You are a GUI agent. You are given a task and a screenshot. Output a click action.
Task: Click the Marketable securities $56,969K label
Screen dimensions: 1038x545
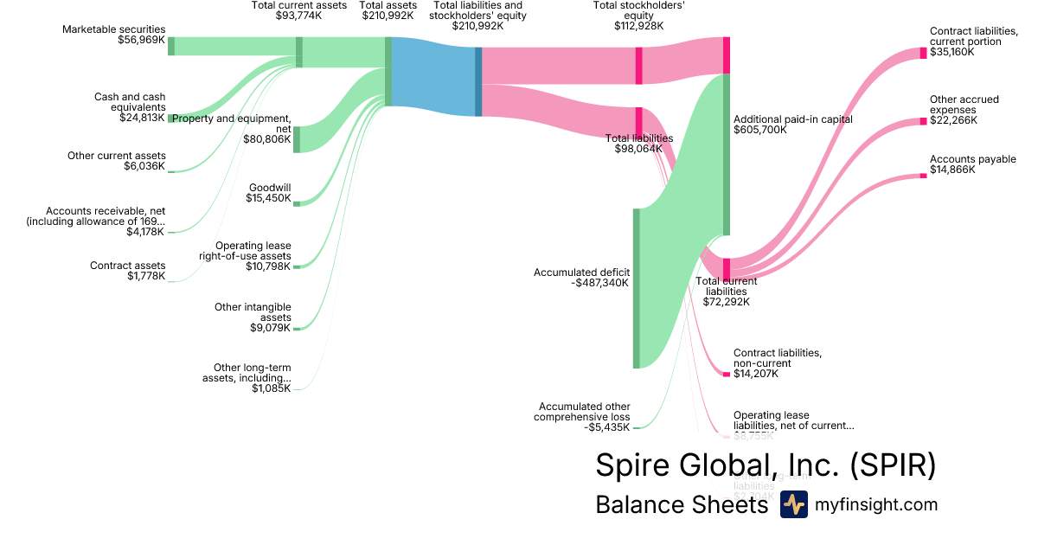(x=113, y=35)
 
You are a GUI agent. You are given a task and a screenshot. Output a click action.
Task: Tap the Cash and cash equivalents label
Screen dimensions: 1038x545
(x=130, y=107)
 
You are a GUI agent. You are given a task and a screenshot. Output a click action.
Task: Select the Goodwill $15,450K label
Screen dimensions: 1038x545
(x=270, y=193)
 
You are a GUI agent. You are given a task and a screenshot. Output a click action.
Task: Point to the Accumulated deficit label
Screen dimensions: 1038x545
(x=581, y=277)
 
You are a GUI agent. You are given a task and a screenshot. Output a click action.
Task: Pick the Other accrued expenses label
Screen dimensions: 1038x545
(x=964, y=110)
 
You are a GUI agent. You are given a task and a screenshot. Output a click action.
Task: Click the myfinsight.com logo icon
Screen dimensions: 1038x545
(x=793, y=504)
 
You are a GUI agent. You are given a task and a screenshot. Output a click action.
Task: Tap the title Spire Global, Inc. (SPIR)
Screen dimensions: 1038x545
(x=766, y=465)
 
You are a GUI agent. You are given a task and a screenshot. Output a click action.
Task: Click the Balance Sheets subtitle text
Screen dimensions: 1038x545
(x=682, y=505)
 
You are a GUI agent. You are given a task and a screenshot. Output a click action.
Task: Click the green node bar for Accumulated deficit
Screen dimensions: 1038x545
(x=636, y=288)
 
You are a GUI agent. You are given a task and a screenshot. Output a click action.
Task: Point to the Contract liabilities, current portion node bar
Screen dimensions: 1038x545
(x=923, y=53)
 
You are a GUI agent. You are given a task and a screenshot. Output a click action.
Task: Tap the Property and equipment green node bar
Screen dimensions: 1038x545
(x=297, y=138)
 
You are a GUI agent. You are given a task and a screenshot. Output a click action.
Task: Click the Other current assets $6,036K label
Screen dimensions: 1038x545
(x=116, y=161)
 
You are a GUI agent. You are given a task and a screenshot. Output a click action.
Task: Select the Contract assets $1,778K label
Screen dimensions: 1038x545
(x=127, y=271)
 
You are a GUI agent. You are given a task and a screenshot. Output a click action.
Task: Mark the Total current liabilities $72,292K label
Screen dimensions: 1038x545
(x=727, y=292)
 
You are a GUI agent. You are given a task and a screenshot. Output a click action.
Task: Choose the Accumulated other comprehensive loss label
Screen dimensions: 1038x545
(x=584, y=417)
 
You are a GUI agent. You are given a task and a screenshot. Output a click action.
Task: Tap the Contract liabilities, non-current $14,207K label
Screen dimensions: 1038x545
(x=777, y=363)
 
